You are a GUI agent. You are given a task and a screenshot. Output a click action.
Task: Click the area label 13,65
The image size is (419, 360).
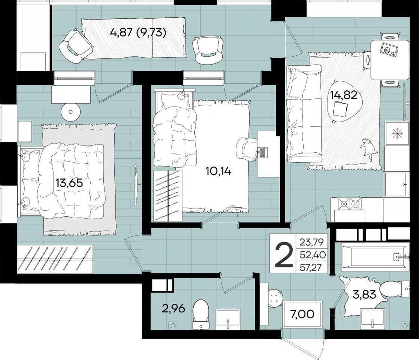pos(69,183)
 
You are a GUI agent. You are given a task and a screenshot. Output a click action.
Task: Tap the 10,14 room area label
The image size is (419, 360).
pos(218,171)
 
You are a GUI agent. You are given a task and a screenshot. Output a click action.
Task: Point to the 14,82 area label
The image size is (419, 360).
pos(344,95)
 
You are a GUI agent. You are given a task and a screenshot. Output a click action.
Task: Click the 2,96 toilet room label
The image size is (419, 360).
pos(174,309)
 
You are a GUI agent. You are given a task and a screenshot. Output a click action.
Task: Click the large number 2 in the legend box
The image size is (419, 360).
pos(284,253)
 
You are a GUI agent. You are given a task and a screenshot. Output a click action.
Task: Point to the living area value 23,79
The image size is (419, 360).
pos(311,242)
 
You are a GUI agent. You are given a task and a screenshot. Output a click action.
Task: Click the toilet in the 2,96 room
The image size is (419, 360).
pos(201,314)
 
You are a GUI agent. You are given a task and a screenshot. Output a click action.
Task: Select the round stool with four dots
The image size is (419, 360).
pos(275,298)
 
